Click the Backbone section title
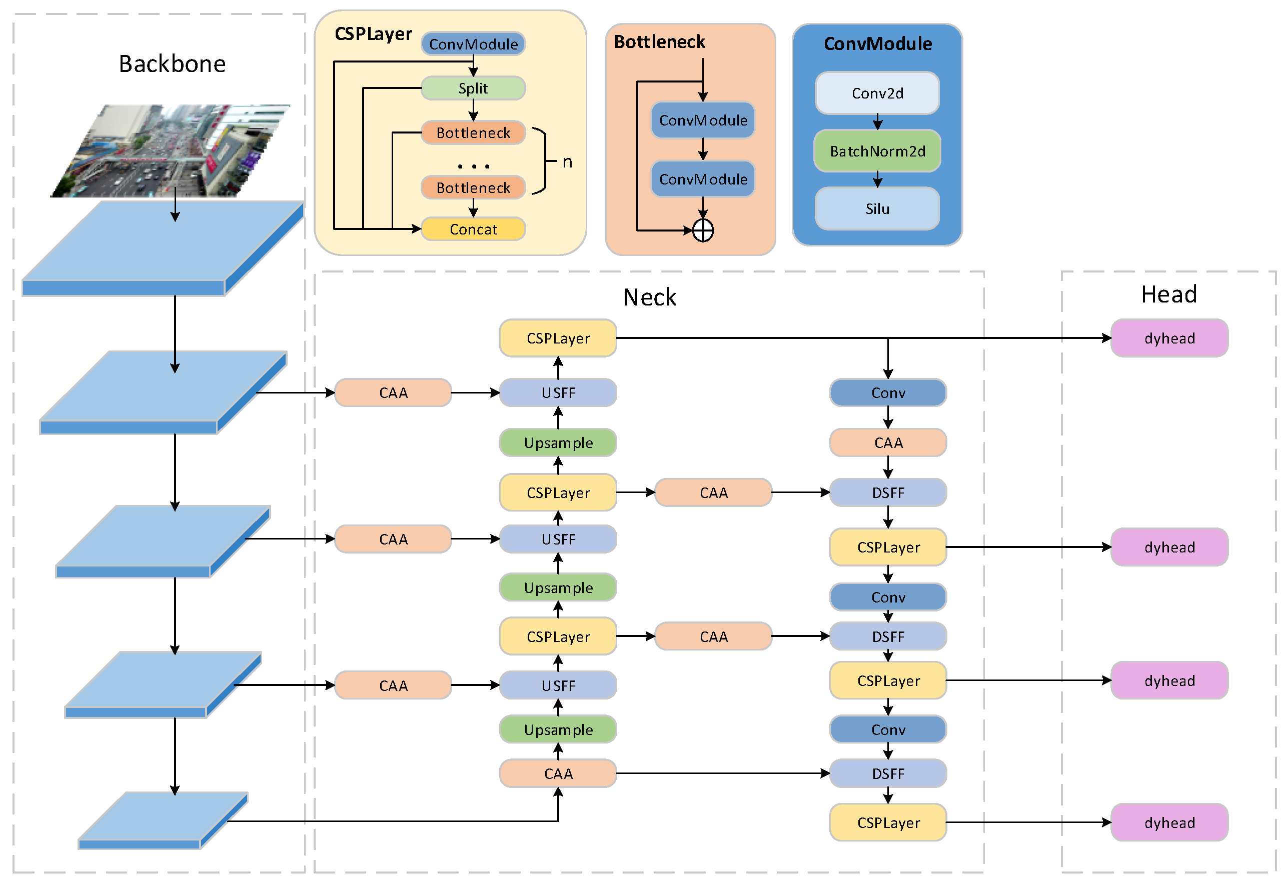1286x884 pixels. click(x=172, y=63)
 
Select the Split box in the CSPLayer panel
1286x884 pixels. click(x=473, y=88)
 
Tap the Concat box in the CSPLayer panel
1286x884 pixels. click(x=473, y=229)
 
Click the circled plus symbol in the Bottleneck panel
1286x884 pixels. click(x=703, y=230)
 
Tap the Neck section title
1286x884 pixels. click(x=649, y=297)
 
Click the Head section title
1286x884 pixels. click(x=1168, y=294)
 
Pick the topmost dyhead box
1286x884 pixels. click(x=1168, y=338)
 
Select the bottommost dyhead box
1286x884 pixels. click(x=1168, y=822)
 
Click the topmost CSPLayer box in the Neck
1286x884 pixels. click(x=557, y=338)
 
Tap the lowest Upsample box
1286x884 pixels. click(x=557, y=729)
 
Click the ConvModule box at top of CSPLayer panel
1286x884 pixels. click(x=473, y=44)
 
